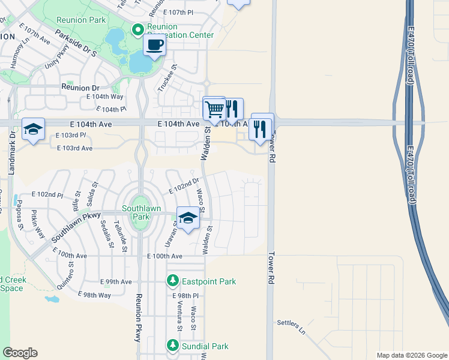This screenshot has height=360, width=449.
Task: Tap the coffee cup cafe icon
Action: click(154, 45)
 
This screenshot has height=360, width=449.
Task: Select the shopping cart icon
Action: click(214, 109)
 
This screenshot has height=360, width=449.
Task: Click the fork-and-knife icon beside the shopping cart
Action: click(232, 109)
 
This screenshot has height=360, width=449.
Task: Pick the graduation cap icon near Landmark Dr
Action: click(34, 129)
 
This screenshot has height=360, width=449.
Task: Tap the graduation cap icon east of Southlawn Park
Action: click(188, 218)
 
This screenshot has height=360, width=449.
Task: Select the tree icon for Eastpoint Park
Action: click(173, 281)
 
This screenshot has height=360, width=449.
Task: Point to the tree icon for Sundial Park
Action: click(173, 346)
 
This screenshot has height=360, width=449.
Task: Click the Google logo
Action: click(20, 352)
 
